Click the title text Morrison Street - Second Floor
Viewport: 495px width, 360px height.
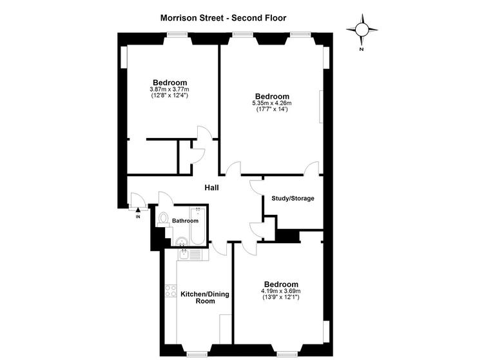pos(223,19)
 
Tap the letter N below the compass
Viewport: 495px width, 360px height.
pos(362,49)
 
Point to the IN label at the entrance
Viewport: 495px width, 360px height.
pos(138,217)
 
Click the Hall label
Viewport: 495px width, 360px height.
pos(211,188)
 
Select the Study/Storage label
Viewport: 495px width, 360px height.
pos(293,198)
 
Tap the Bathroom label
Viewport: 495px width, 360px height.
pos(185,221)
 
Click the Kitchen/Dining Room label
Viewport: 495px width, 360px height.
pos(197,297)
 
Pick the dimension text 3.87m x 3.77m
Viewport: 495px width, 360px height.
pos(170,89)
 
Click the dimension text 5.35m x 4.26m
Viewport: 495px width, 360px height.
pos(271,103)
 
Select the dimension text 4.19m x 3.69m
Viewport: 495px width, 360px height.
pos(281,291)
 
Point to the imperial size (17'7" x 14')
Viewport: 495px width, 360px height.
pos(271,109)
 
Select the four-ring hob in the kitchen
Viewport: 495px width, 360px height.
pos(171,290)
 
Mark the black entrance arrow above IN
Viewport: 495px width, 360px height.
pos(138,210)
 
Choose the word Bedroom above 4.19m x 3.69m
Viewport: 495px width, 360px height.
pos(281,284)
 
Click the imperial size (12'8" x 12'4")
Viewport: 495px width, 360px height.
pos(170,95)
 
